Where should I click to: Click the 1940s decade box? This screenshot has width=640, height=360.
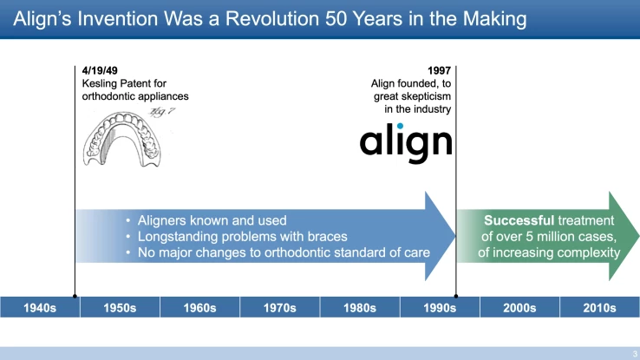[40, 308]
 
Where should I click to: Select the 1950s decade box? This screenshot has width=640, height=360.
[120, 308]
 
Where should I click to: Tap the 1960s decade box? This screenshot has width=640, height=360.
[199, 308]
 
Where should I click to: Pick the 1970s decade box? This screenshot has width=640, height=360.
[279, 308]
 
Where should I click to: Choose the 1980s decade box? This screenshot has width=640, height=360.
[359, 308]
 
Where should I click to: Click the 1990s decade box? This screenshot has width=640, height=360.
[439, 308]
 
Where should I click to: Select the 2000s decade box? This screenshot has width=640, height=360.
[519, 308]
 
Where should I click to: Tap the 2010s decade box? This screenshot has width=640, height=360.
[598, 308]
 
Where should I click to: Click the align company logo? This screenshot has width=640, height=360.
[406, 142]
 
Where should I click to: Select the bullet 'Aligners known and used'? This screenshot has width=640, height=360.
[212, 220]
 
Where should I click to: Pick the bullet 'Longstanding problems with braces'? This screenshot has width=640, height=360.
[241, 237]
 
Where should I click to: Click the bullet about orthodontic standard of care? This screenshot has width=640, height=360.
[278, 253]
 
